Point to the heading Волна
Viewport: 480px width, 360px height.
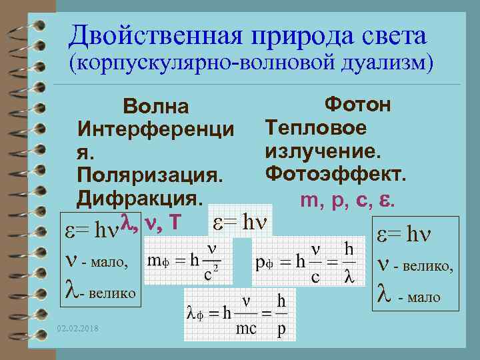point(155,107)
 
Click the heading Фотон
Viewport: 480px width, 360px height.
point(357,104)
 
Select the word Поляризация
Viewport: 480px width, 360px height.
point(148,175)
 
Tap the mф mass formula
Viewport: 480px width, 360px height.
point(185,261)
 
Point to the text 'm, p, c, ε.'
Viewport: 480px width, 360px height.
point(349,198)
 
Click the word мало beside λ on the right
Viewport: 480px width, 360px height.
point(424,297)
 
